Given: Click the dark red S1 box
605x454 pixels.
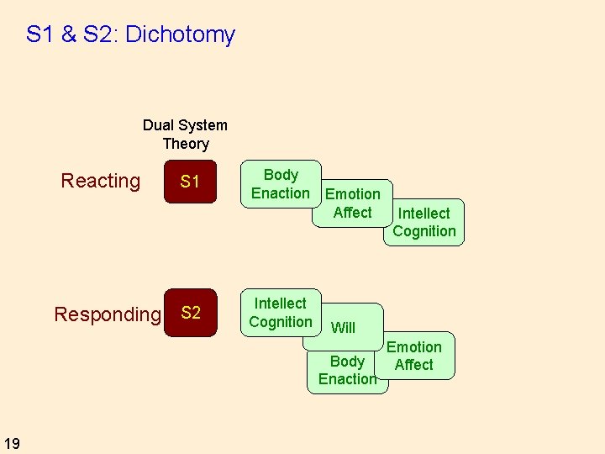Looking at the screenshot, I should coord(190,182).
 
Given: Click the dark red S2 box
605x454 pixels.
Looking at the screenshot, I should coord(190,313).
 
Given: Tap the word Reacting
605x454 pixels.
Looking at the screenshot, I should coord(101,181).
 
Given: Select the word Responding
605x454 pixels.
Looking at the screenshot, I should coord(107,314).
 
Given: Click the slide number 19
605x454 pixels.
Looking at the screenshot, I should coord(13,443).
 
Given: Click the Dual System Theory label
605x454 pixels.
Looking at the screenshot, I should coord(185,135).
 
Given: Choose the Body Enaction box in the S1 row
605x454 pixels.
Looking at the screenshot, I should coord(281,183).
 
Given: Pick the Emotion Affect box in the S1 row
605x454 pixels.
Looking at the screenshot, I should coord(352,203).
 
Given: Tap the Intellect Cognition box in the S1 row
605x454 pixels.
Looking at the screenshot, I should coord(424,222).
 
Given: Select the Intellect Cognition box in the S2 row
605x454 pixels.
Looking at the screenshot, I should coord(281,312).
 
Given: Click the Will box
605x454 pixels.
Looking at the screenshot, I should coord(343,328).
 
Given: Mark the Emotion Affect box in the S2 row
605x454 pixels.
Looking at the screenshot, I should coord(414,356).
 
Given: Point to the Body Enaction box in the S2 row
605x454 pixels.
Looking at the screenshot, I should coord(347,370).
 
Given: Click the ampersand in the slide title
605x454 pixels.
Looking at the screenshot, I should coord(69,34).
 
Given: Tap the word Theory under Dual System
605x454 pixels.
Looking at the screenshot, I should coord(185,144).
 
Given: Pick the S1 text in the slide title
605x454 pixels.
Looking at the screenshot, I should coord(40,34).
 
